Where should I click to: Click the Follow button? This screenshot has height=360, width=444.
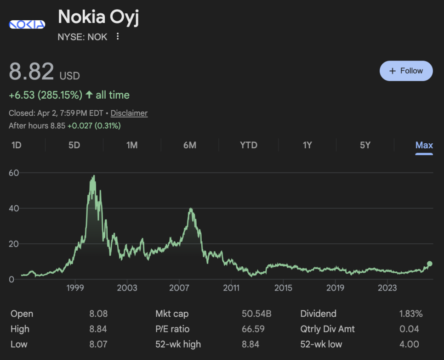406,71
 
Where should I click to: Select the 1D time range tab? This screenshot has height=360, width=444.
17,145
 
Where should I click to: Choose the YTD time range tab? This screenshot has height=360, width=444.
249,145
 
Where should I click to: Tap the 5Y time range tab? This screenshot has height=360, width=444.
365,145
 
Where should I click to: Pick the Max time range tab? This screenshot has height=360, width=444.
424,145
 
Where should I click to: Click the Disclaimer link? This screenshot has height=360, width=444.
129,113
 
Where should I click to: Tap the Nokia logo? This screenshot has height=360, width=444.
27,24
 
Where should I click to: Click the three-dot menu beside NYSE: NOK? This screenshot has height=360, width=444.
118,36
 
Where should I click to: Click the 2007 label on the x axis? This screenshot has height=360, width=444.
179,288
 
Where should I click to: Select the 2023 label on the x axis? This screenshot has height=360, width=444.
387,288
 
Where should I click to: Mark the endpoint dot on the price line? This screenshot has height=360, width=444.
430,264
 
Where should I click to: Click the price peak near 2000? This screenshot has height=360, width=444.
94,176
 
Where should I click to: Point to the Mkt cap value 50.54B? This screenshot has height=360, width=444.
256,314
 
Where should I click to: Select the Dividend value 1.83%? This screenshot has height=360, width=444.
411,314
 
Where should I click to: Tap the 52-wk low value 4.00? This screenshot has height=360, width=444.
409,344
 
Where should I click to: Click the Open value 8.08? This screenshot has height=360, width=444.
98,314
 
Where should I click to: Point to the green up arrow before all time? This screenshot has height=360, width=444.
89,95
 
